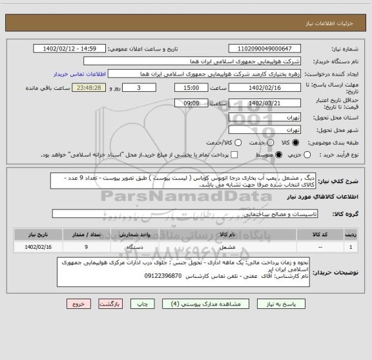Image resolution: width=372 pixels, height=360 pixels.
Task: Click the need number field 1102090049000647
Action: point(265,48)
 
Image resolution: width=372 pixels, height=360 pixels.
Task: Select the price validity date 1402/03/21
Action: point(265,103)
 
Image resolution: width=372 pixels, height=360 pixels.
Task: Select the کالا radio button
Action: point(296,142)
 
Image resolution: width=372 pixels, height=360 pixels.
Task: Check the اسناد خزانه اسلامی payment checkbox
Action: point(234,154)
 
